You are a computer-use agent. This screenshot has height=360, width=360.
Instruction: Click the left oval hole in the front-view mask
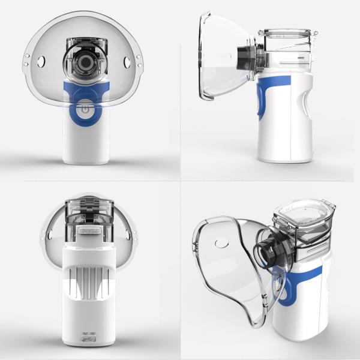point(42,61)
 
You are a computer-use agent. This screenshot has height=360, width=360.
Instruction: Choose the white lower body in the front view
point(85,141)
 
